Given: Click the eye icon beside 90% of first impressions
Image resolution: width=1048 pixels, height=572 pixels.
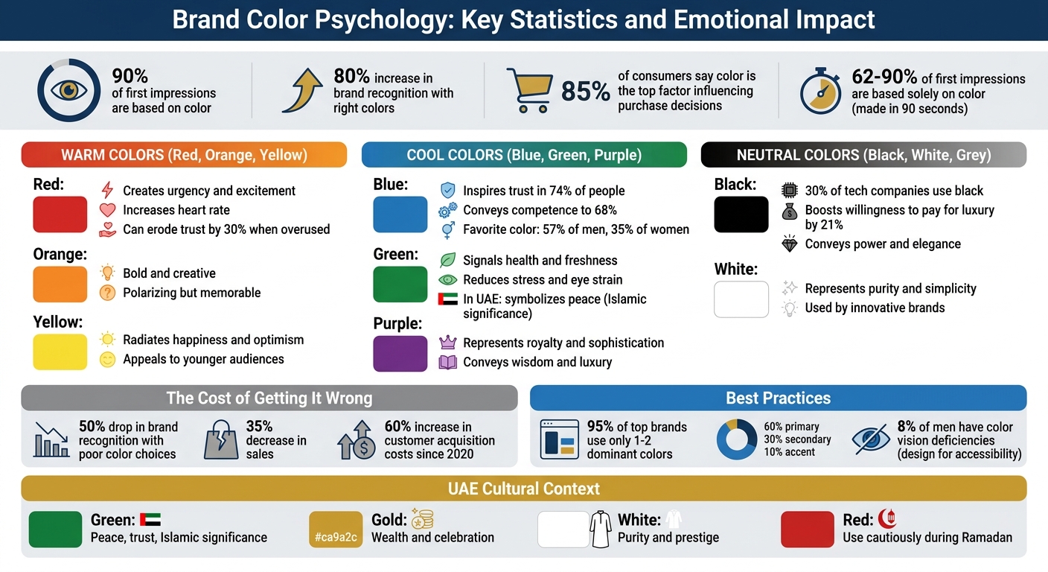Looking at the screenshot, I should point(68,91).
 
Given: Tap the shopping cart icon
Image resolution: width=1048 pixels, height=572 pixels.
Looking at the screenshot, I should point(528,91).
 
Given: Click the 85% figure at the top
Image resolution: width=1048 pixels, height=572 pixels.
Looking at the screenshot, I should point(585,92).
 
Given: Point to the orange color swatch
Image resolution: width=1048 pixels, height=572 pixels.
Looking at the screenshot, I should point(60,284).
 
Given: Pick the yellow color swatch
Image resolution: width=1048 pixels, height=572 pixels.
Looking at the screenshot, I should point(60,352).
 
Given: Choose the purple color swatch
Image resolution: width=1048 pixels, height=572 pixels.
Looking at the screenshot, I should point(400,353).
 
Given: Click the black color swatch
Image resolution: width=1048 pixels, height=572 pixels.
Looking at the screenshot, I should point(741,214).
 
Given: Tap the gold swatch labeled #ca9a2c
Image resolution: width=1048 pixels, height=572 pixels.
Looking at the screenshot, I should point(336,530).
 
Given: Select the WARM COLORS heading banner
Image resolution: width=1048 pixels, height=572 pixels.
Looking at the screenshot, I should point(184,155).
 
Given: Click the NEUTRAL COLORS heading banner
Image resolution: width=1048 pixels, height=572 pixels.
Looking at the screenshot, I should point(863,155).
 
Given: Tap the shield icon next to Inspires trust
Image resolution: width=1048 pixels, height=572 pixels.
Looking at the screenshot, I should point(447,191).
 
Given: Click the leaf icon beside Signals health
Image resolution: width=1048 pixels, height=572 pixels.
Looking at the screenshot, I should point(447,260).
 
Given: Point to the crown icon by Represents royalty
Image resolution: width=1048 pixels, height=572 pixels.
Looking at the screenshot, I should point(447,343).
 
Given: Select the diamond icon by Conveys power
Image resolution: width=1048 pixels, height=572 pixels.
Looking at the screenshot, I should point(790,244).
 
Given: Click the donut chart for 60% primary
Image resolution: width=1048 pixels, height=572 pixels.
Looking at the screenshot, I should point(737,439).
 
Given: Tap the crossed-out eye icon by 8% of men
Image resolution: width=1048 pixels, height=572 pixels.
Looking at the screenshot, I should point(870,439).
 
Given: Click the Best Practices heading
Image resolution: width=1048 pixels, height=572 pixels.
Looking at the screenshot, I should point(778,398).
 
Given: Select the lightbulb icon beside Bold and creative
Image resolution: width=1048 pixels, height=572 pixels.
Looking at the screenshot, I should point(107,273).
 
